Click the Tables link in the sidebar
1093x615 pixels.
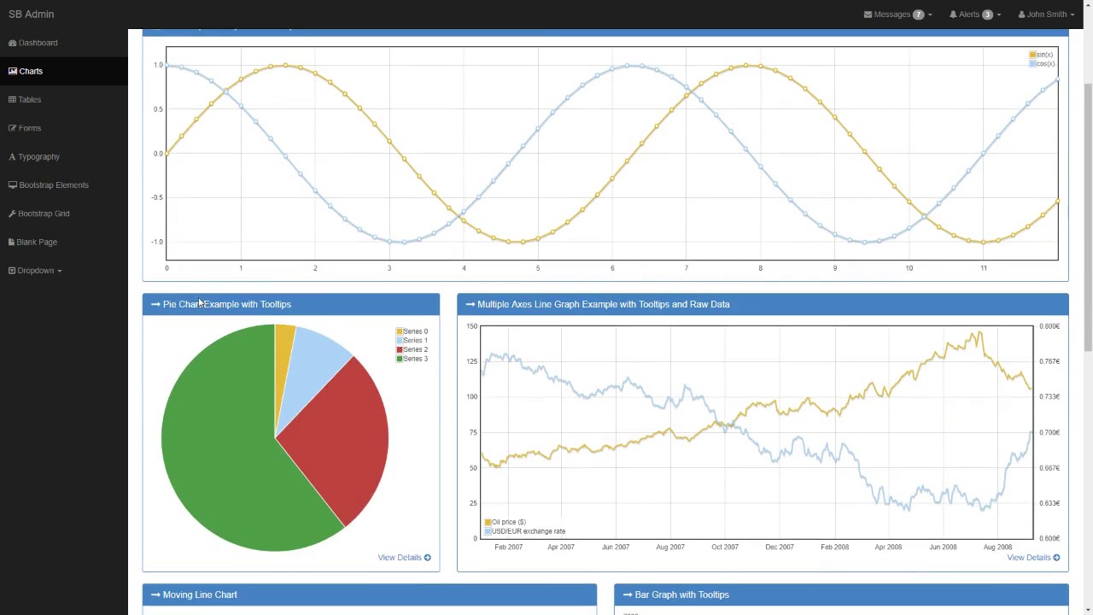tap(29, 100)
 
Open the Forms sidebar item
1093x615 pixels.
tap(29, 128)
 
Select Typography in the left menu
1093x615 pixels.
tap(38, 157)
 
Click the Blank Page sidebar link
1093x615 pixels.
tap(37, 243)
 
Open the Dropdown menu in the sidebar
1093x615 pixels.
tap(36, 271)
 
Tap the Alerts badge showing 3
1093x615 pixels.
tap(987, 15)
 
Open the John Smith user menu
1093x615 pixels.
tap(1046, 15)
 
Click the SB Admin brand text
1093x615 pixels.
tap(31, 15)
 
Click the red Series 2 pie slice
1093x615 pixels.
tap(342, 436)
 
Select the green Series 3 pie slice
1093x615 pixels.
tap(222, 453)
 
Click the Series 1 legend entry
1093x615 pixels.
tap(415, 341)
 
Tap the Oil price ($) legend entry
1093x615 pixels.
tap(508, 522)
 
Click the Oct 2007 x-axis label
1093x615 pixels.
tap(724, 548)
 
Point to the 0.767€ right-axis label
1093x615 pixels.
tap(1049, 361)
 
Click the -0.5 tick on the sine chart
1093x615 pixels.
tap(157, 198)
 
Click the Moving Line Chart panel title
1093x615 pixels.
tap(200, 594)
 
